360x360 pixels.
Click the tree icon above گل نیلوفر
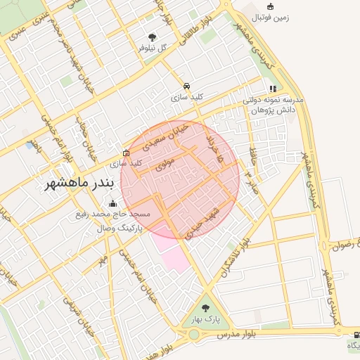coord(153,37)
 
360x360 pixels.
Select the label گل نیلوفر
coord(153,48)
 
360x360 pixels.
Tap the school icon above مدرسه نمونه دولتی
coord(273,89)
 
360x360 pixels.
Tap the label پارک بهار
coord(205,320)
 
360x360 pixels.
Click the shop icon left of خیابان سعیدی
coord(127,153)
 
